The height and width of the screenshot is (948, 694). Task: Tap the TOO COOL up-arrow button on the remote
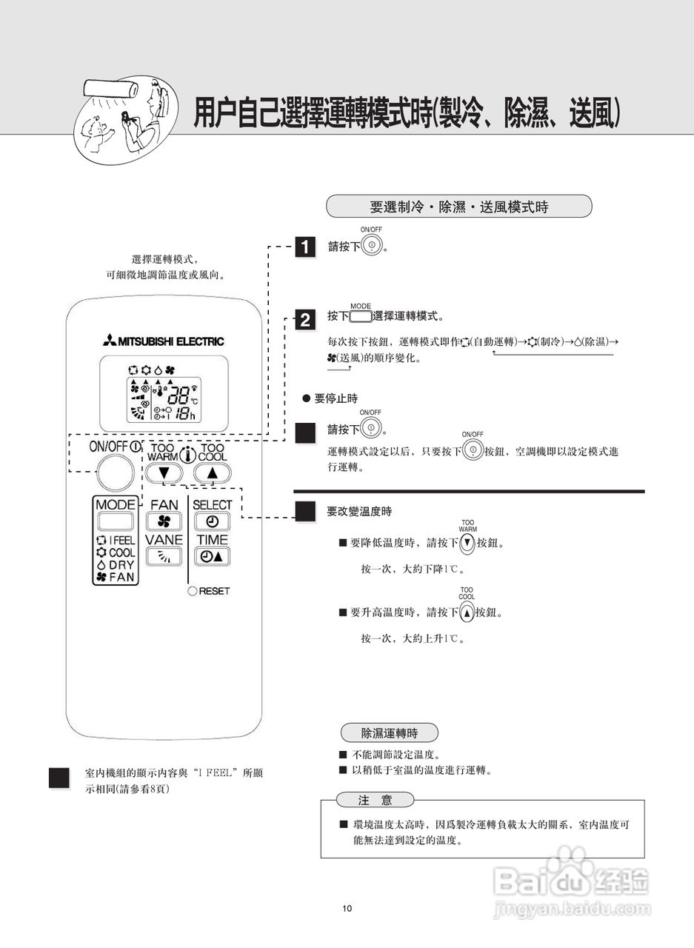[x=213, y=473]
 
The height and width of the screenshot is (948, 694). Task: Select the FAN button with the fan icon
[x=164, y=521]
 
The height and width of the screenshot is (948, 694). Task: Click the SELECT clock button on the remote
[x=212, y=521]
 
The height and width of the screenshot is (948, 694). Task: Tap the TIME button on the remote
[x=212, y=557]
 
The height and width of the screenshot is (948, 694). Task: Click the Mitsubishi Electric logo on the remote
[x=164, y=341]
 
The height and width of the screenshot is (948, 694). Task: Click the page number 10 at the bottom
[x=347, y=909]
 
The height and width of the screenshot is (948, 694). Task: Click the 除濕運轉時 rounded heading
[x=389, y=733]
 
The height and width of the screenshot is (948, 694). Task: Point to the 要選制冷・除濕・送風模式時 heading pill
[x=458, y=207]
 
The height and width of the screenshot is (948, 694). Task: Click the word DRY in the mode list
[x=121, y=564]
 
